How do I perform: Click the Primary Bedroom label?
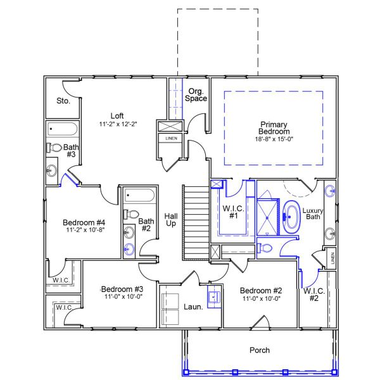pos(274,128)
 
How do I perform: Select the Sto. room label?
pos(63,101)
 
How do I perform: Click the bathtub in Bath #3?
pos(62,129)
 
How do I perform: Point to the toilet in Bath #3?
pos(55,148)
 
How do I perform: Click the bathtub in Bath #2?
pos(137,194)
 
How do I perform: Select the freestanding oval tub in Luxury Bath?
pos(292,216)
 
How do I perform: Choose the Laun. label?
pos(193,307)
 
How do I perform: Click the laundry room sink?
pos(214,295)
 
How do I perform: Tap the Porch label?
pos(260,350)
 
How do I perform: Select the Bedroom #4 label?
pos(84,222)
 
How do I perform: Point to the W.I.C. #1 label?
pos(232,212)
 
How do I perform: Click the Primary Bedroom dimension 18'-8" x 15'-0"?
pos(274,138)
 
